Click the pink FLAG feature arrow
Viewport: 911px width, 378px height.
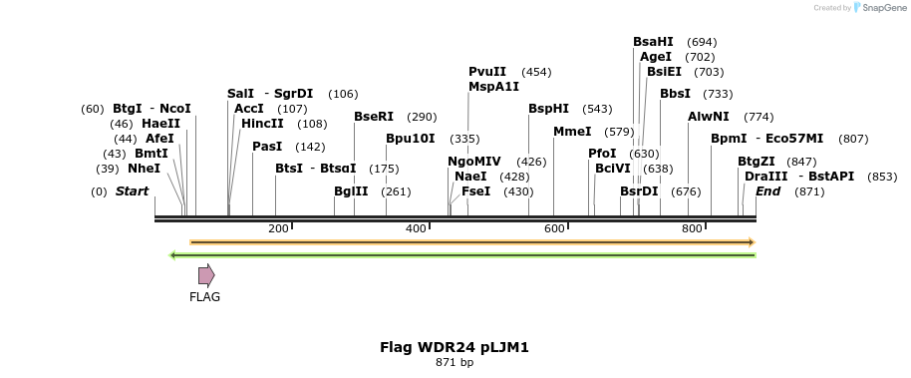pos(205,275)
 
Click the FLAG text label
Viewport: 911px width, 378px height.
pos(204,296)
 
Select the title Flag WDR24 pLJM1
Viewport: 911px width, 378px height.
pos(454,347)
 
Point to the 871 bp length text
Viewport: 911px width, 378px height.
pos(454,362)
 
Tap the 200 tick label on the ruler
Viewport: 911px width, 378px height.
pos(278,228)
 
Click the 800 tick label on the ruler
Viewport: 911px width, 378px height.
pos(692,228)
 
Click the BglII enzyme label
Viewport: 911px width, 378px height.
pos(351,191)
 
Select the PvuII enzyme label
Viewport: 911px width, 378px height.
pos(487,72)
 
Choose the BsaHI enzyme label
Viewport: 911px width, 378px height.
pos(653,42)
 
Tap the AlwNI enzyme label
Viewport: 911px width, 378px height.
pos(709,117)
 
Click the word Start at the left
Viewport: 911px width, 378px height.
pos(132,190)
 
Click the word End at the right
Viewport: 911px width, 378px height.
pos(767,190)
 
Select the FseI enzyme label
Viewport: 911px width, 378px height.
pos(475,191)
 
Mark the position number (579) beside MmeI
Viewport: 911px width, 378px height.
pos(619,132)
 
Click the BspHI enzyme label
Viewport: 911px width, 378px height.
pos(548,109)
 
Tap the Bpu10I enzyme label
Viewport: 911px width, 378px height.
pos(411,139)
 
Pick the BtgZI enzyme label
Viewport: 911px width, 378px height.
pos(756,162)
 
